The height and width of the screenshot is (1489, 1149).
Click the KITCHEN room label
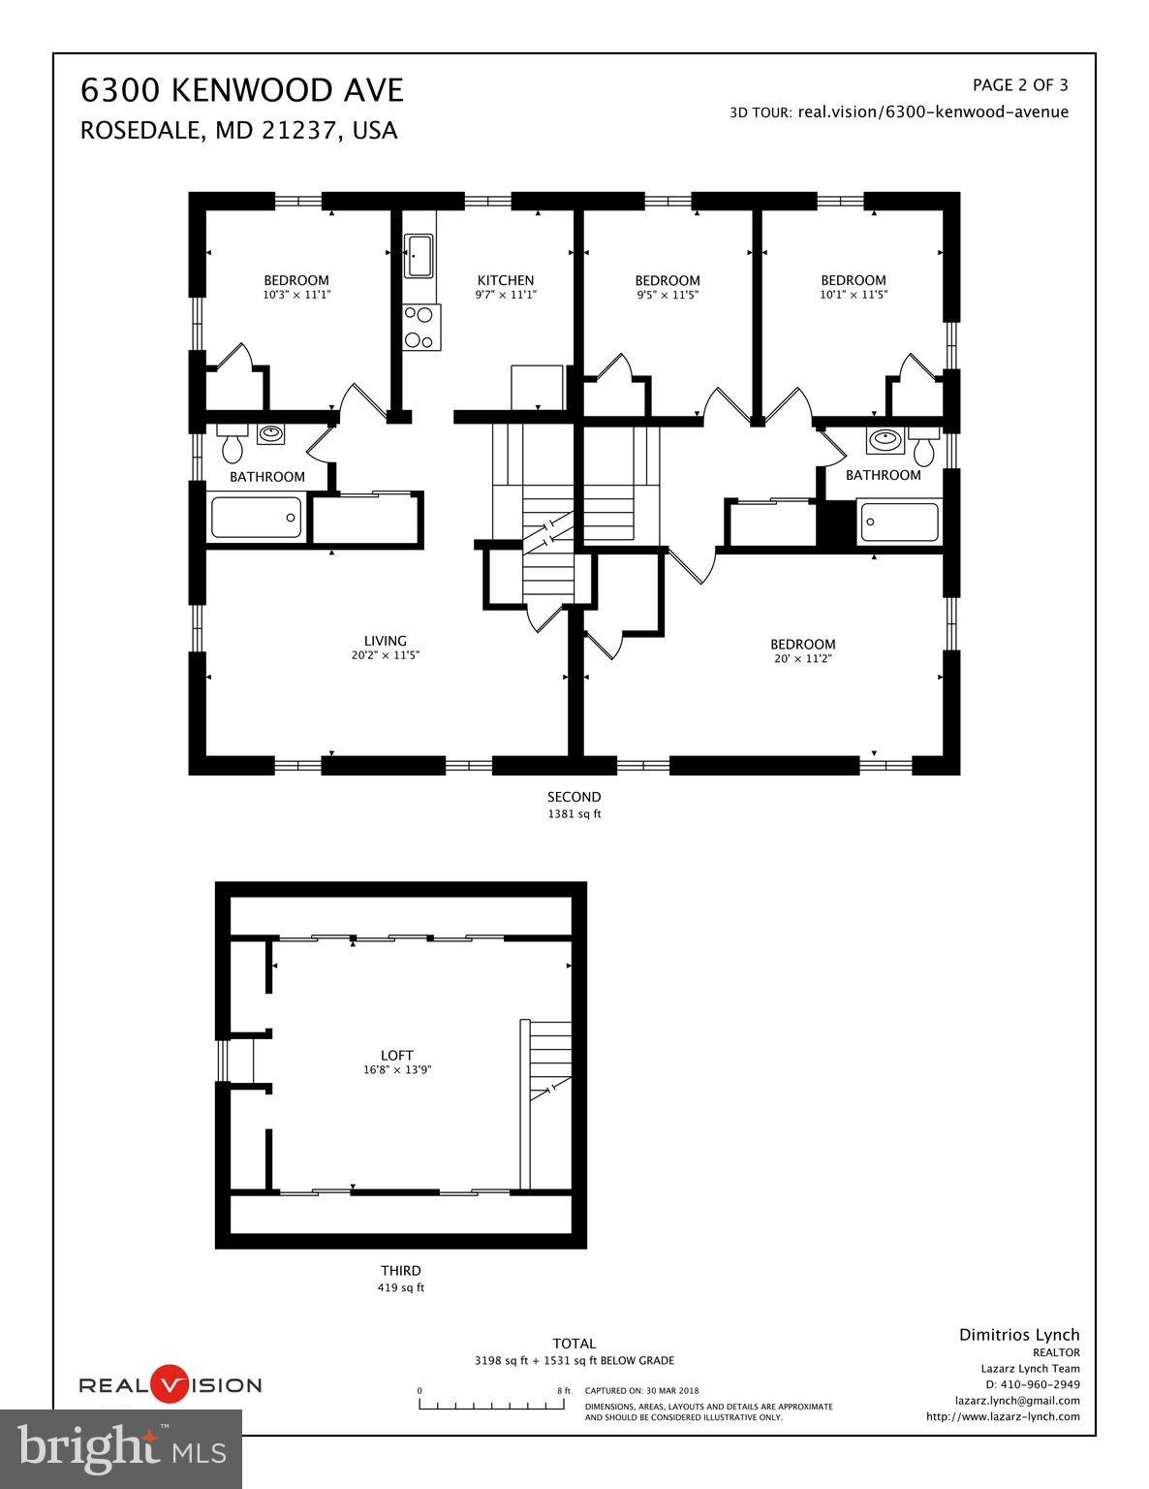tap(505, 280)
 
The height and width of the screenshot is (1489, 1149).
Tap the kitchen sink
tap(419, 256)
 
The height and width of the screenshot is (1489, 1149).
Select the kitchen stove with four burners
tap(421, 327)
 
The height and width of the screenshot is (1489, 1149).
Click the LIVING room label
tap(385, 641)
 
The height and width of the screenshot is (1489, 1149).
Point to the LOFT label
tap(397, 1056)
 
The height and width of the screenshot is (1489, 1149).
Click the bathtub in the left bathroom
tap(257, 517)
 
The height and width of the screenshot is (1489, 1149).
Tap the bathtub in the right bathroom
tap(899, 522)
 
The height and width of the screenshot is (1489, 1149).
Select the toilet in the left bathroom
tap(233, 446)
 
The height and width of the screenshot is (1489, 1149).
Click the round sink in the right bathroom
tap(884, 441)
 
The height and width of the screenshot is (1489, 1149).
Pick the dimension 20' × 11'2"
tap(802, 659)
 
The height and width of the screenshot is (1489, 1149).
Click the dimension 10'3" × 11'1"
tap(296, 295)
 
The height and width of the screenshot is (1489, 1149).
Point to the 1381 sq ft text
tap(574, 814)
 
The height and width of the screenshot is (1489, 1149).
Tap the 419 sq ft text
tap(401, 1288)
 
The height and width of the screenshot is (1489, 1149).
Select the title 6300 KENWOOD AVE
tap(241, 90)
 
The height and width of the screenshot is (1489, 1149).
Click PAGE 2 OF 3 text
tap(1020, 85)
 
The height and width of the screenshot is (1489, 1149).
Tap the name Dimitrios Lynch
tap(1019, 1335)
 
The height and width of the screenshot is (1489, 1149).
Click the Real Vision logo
tap(170, 1384)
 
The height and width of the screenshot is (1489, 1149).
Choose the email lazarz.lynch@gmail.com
tap(1017, 1400)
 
